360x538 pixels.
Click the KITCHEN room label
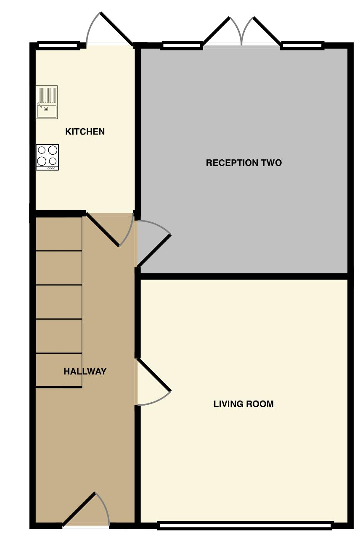coord(85,132)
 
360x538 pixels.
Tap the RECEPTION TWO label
coord(244,163)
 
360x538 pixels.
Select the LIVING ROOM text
coord(244,404)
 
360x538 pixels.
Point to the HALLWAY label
coord(85,372)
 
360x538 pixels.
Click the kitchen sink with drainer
coord(47,102)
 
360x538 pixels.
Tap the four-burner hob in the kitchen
coord(48,157)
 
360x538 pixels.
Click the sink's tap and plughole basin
coord(47,111)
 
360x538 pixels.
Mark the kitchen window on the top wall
coord(58,45)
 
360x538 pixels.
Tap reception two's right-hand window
coord(302,45)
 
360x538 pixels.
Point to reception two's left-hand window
coord(181,45)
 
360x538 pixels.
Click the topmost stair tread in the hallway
coord(59,234)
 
